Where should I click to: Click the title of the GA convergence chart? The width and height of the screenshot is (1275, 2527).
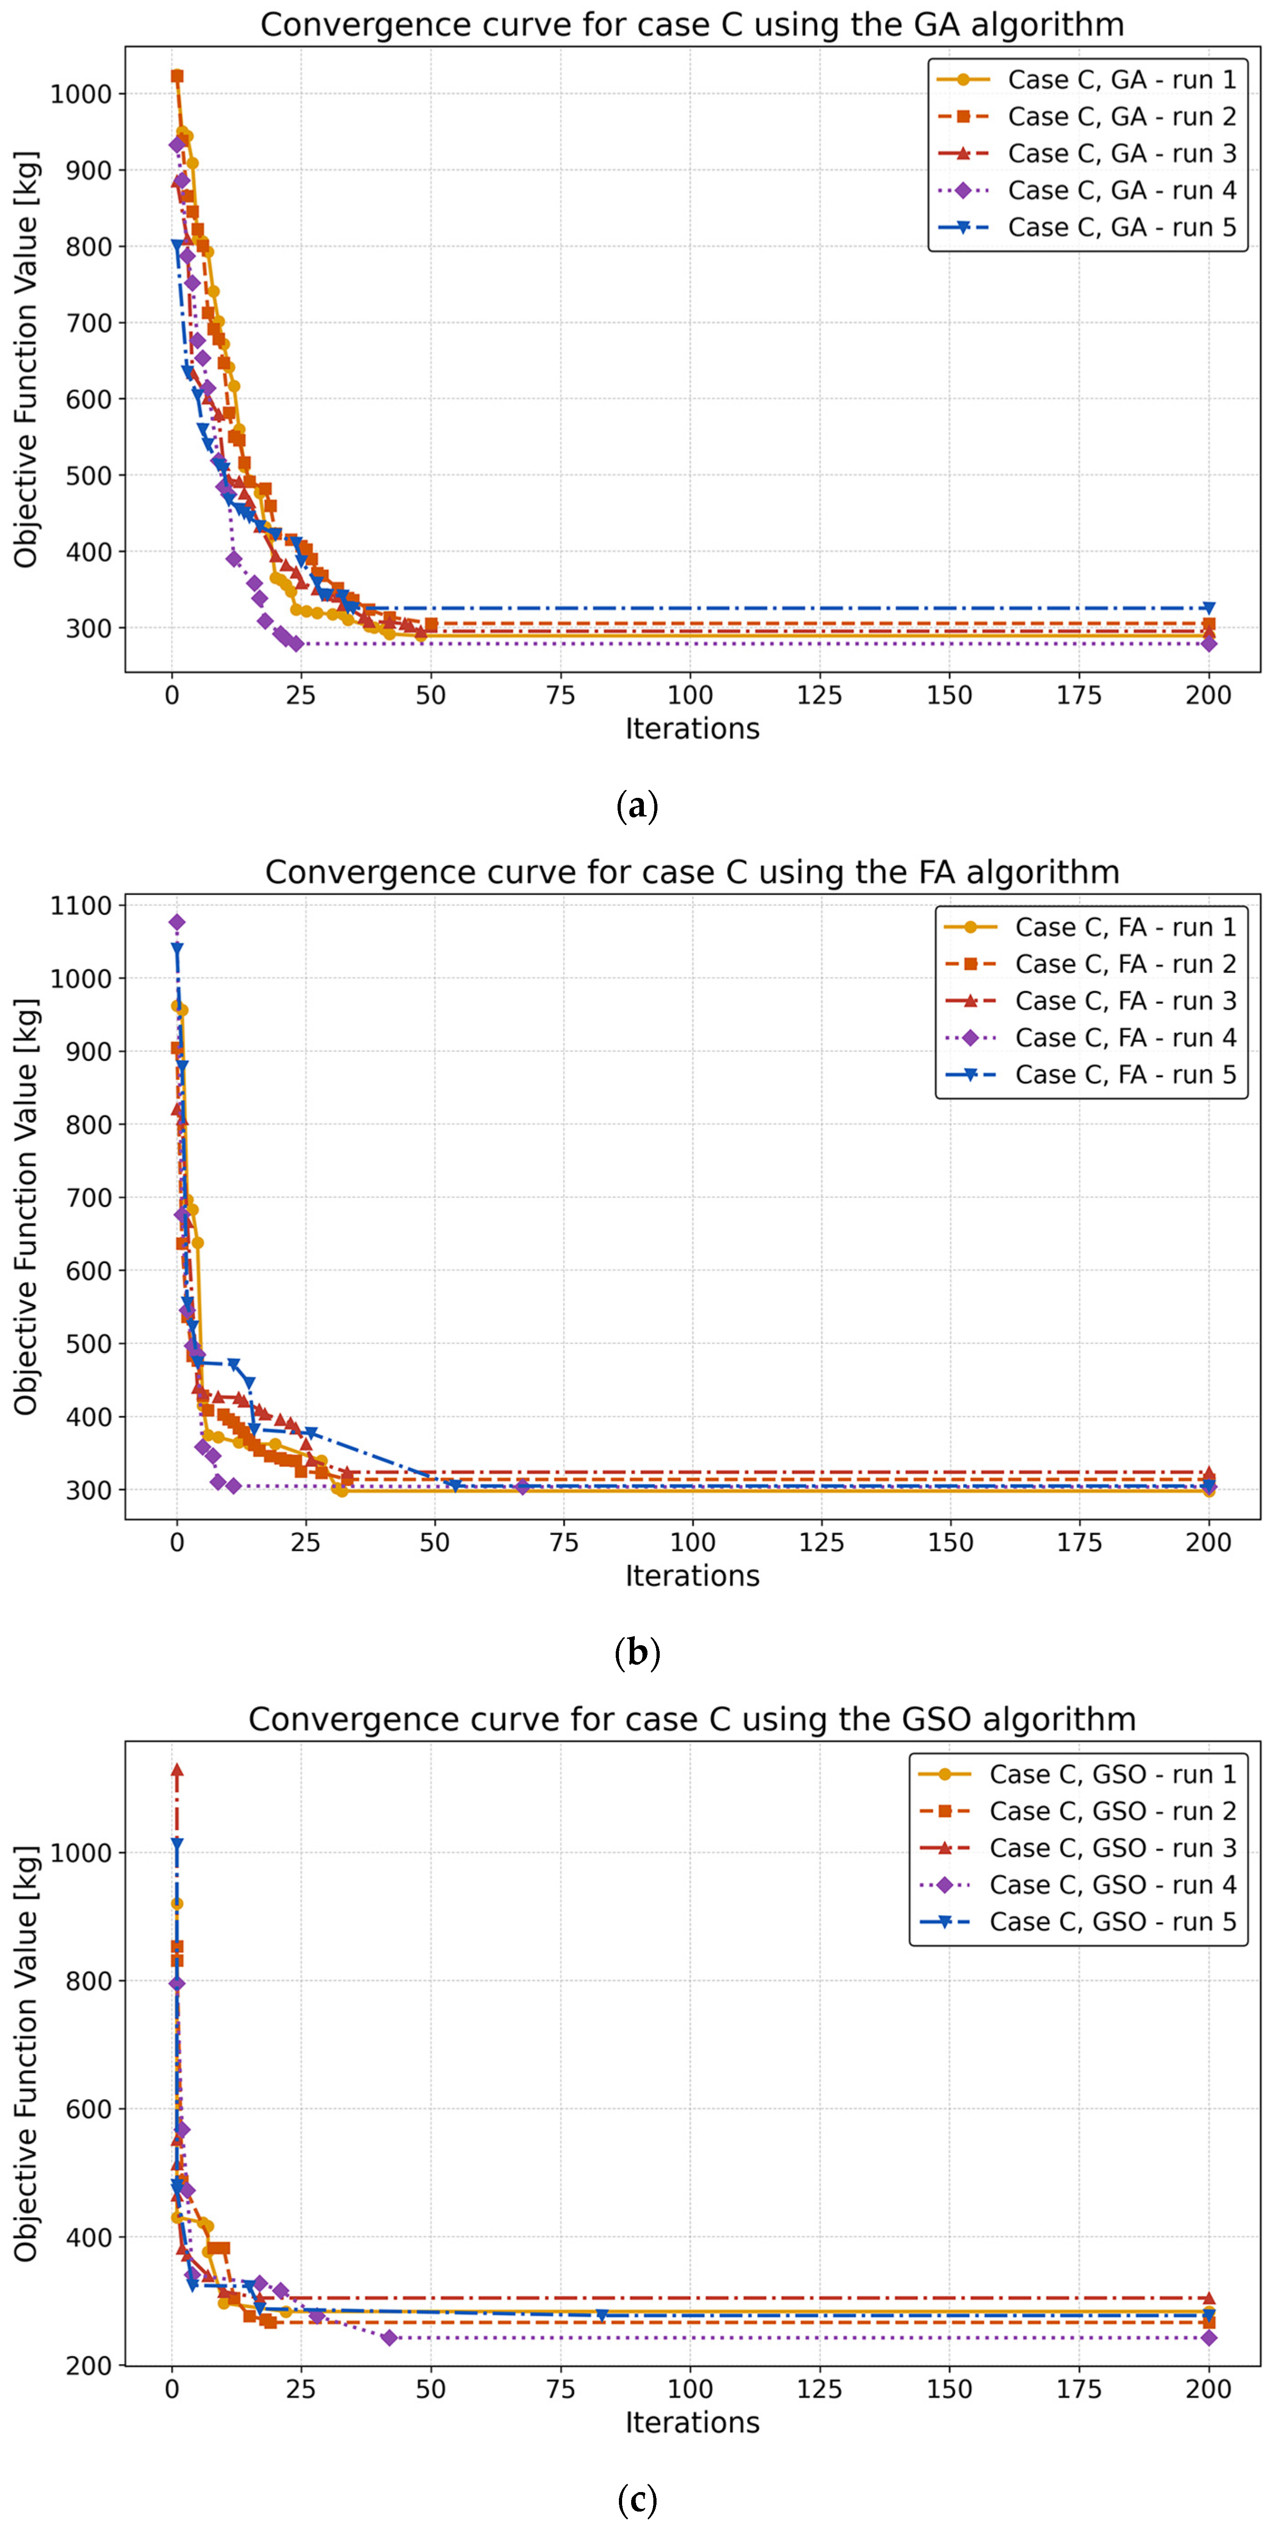point(691,24)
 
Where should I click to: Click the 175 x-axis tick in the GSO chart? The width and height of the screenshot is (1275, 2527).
point(1079,2389)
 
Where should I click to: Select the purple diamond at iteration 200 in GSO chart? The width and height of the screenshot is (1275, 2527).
point(1208,2338)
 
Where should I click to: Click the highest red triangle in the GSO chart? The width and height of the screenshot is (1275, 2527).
point(176,1769)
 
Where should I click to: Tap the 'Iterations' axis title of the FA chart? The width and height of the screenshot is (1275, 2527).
point(691,1575)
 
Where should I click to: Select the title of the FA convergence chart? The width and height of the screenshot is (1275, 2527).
point(691,872)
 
